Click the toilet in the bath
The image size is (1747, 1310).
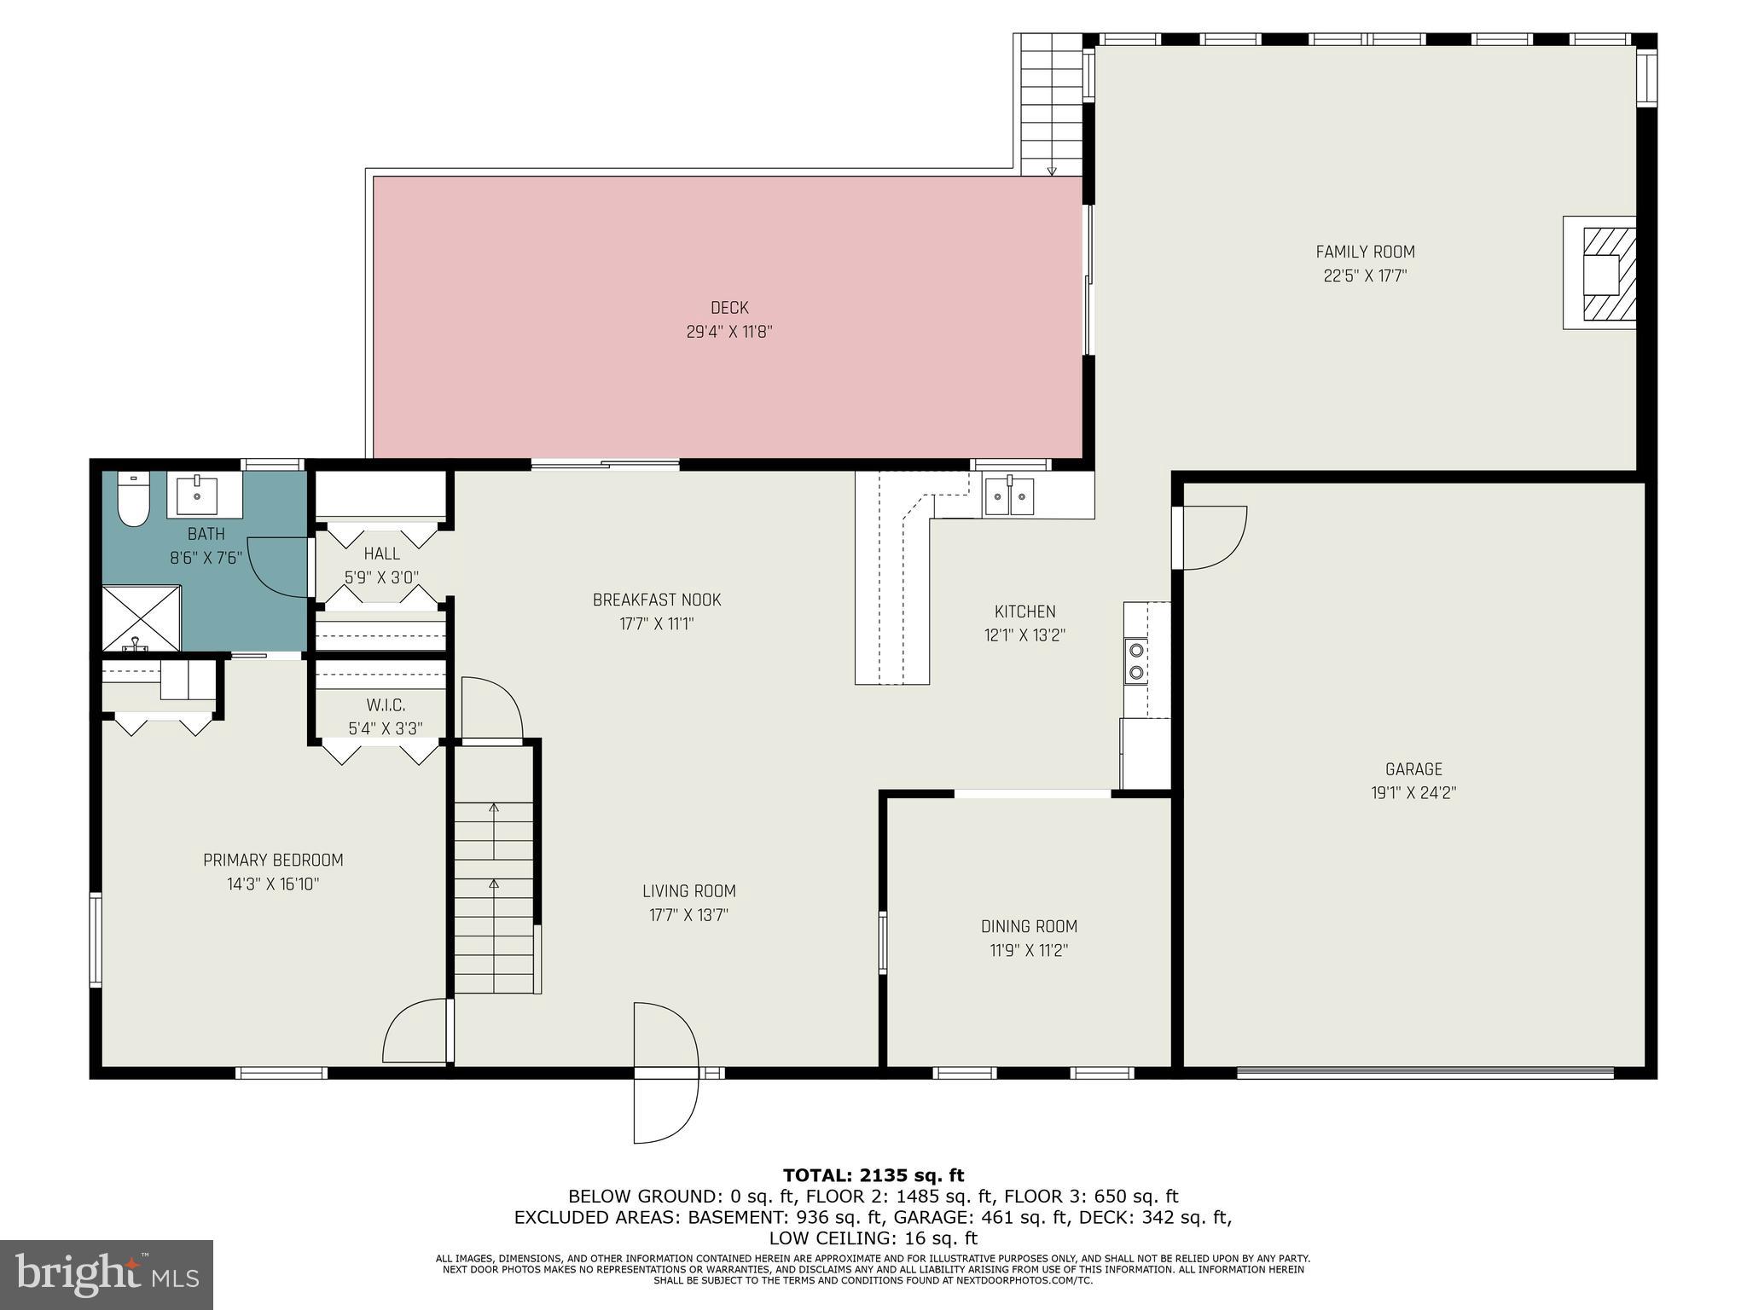point(133,500)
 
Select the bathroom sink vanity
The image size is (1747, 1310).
point(204,495)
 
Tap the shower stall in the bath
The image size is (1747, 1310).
point(141,618)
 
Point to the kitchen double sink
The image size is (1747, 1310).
point(1009,496)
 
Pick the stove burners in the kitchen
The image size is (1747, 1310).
point(1135,661)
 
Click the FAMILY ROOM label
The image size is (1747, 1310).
point(1365,252)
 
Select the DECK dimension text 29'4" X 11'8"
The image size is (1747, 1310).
point(729,332)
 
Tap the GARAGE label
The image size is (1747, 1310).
point(1413,768)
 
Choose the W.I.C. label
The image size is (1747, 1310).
point(386,705)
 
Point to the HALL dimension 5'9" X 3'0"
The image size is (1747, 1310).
point(381,577)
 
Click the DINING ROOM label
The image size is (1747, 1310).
point(1029,926)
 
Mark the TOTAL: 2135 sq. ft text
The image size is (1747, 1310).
point(873,1176)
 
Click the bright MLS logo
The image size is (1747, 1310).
point(107,1274)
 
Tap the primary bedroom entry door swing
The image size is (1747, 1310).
point(415,1032)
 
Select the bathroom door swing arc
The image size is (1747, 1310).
point(277,567)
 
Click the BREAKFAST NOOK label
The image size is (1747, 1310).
point(657,600)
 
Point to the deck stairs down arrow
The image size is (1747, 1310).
point(1052,169)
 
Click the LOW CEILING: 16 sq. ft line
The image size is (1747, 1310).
point(873,1238)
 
